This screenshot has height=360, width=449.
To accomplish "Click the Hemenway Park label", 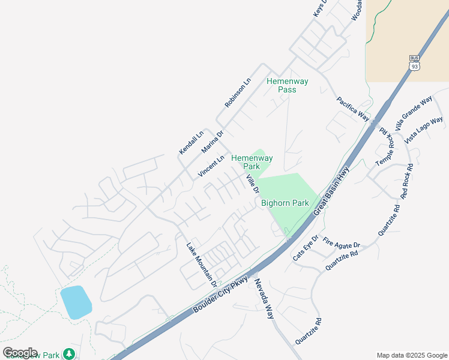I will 252,162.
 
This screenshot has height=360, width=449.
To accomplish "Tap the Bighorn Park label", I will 285,203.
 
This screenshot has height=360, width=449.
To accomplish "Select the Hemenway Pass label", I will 287,85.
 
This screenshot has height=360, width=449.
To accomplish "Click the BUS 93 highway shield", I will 414,63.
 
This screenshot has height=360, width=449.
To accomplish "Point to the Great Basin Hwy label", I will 331,188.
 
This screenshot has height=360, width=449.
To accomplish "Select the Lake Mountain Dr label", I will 200,263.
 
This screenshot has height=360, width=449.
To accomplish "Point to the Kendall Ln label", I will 191,142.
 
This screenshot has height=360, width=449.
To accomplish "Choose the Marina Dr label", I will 212,142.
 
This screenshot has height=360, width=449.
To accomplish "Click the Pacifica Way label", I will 352,109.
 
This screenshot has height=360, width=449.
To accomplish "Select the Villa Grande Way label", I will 414,113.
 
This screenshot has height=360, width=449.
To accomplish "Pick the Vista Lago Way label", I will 424,130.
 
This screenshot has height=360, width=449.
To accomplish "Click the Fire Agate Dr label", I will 341,244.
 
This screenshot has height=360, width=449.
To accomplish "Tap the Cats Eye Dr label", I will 305,248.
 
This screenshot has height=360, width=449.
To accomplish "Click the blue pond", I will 76,302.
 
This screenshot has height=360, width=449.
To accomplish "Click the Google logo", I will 20,353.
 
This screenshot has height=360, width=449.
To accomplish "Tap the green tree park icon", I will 70,354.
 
